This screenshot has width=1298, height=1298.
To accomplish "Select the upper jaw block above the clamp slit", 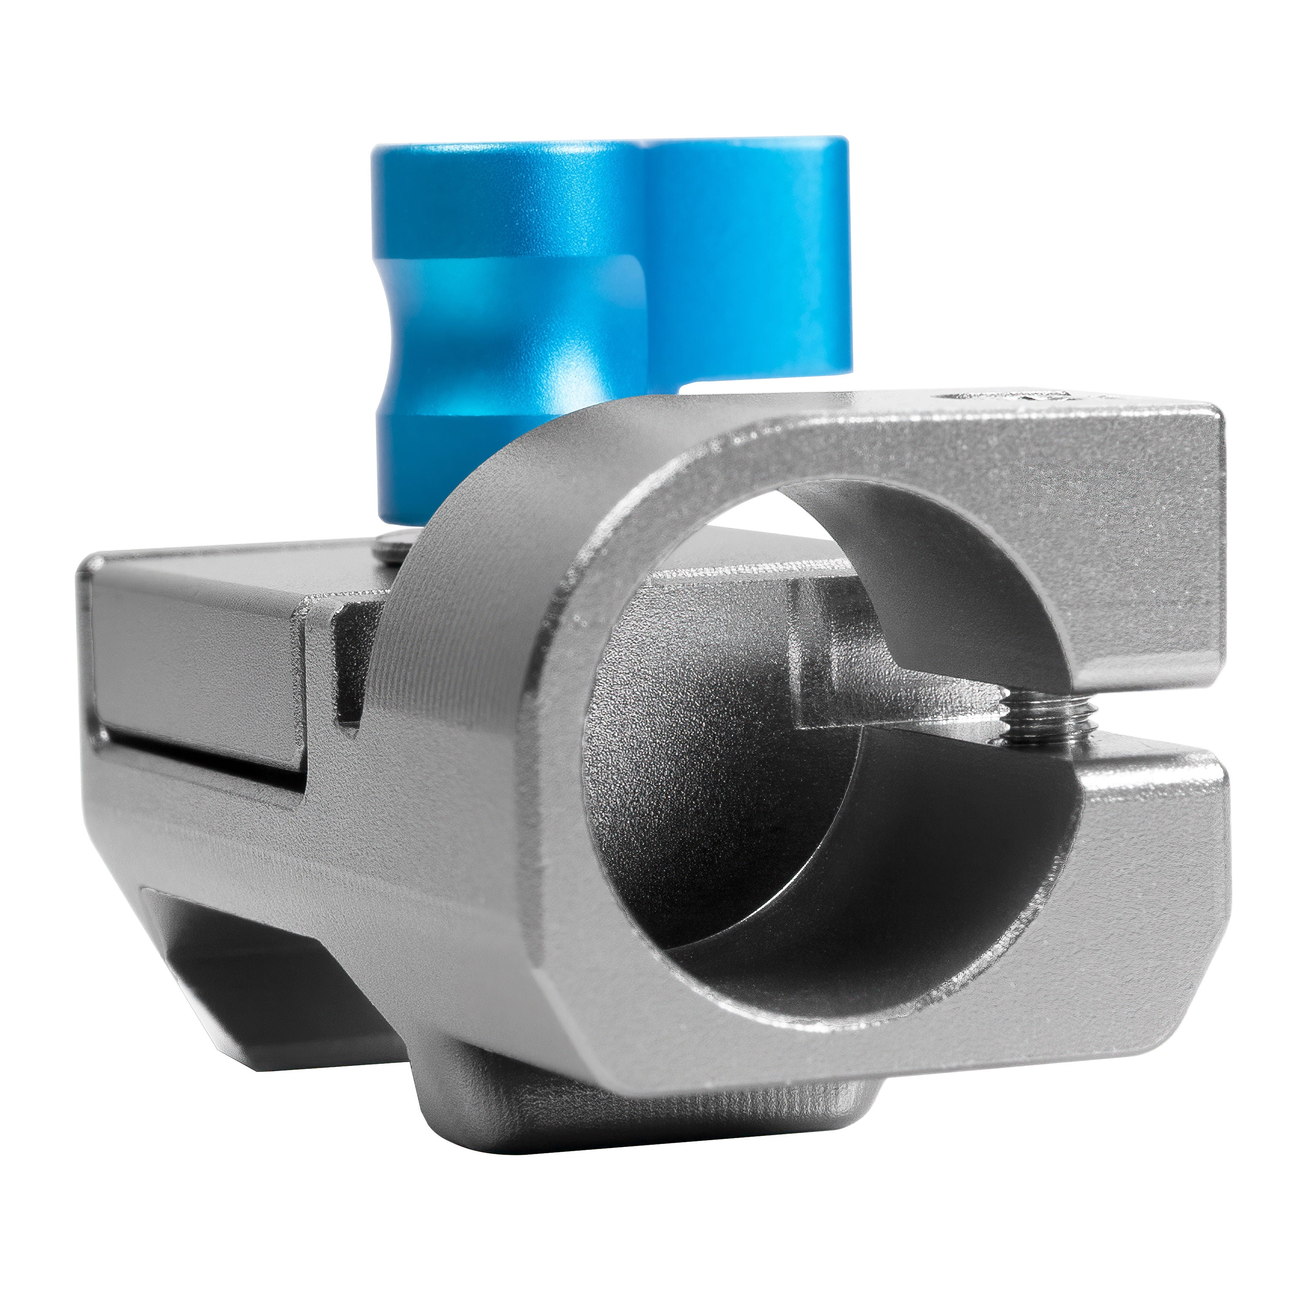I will click(1075, 551).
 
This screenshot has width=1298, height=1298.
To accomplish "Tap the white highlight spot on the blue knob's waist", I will click(564, 369).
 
